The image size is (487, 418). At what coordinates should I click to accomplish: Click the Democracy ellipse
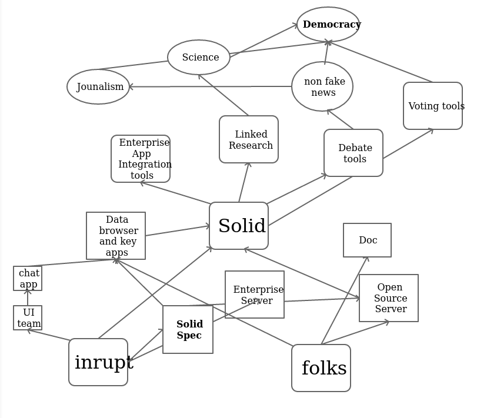point(328,25)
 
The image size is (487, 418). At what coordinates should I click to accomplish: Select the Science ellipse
point(199,58)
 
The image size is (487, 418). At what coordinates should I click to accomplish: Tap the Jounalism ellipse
point(98,87)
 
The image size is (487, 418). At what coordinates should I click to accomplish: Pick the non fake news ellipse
point(322,86)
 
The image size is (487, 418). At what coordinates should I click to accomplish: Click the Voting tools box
point(433,106)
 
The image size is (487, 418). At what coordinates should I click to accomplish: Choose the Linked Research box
point(249,139)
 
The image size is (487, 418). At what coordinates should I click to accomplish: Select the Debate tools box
point(353,153)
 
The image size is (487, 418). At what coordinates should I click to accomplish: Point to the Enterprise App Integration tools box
point(141,159)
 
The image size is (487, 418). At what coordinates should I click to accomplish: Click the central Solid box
point(239,226)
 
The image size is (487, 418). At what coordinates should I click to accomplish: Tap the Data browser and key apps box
point(116,236)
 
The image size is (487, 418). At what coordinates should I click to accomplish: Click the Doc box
point(367,240)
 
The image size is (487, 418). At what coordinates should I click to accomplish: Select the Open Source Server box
point(389,298)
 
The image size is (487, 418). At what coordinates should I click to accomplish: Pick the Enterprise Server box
point(255,295)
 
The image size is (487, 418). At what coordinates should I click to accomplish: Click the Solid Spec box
point(188,329)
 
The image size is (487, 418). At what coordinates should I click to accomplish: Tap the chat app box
point(28,278)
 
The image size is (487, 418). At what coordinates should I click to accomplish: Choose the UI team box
point(28,317)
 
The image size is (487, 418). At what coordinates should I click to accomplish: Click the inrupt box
point(98,362)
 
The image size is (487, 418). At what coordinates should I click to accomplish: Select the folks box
point(321,368)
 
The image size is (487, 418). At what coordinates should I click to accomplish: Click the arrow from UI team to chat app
point(28,298)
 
